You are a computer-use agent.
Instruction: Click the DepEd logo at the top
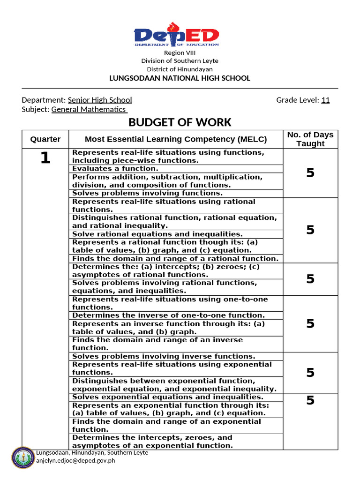tap(176, 34)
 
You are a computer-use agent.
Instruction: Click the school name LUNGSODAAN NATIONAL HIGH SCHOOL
tap(180, 78)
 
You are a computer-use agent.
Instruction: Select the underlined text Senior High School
tap(100, 100)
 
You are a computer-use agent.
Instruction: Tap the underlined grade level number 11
tap(325, 100)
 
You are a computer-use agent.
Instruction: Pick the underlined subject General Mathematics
tap(89, 109)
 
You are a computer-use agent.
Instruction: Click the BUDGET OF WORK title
tap(180, 123)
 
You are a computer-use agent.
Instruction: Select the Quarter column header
tap(45, 139)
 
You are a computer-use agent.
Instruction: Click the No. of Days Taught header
tap(310, 139)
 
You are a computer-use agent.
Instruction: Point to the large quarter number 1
tap(45, 158)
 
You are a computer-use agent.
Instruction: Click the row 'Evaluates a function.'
tap(115, 169)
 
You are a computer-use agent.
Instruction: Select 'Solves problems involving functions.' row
tap(147, 193)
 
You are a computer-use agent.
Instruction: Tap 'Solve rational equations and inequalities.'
tap(157, 234)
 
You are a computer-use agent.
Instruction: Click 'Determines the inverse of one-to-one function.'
tap(168, 315)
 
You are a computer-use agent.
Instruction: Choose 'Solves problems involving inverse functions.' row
tap(164, 356)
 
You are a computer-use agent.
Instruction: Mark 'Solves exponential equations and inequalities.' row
tap(174, 397)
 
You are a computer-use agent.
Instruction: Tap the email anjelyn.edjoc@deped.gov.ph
tap(75, 460)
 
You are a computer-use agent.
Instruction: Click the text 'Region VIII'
tap(180, 53)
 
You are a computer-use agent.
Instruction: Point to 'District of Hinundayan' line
tap(180, 69)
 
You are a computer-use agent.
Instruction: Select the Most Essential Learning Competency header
tap(175, 139)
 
